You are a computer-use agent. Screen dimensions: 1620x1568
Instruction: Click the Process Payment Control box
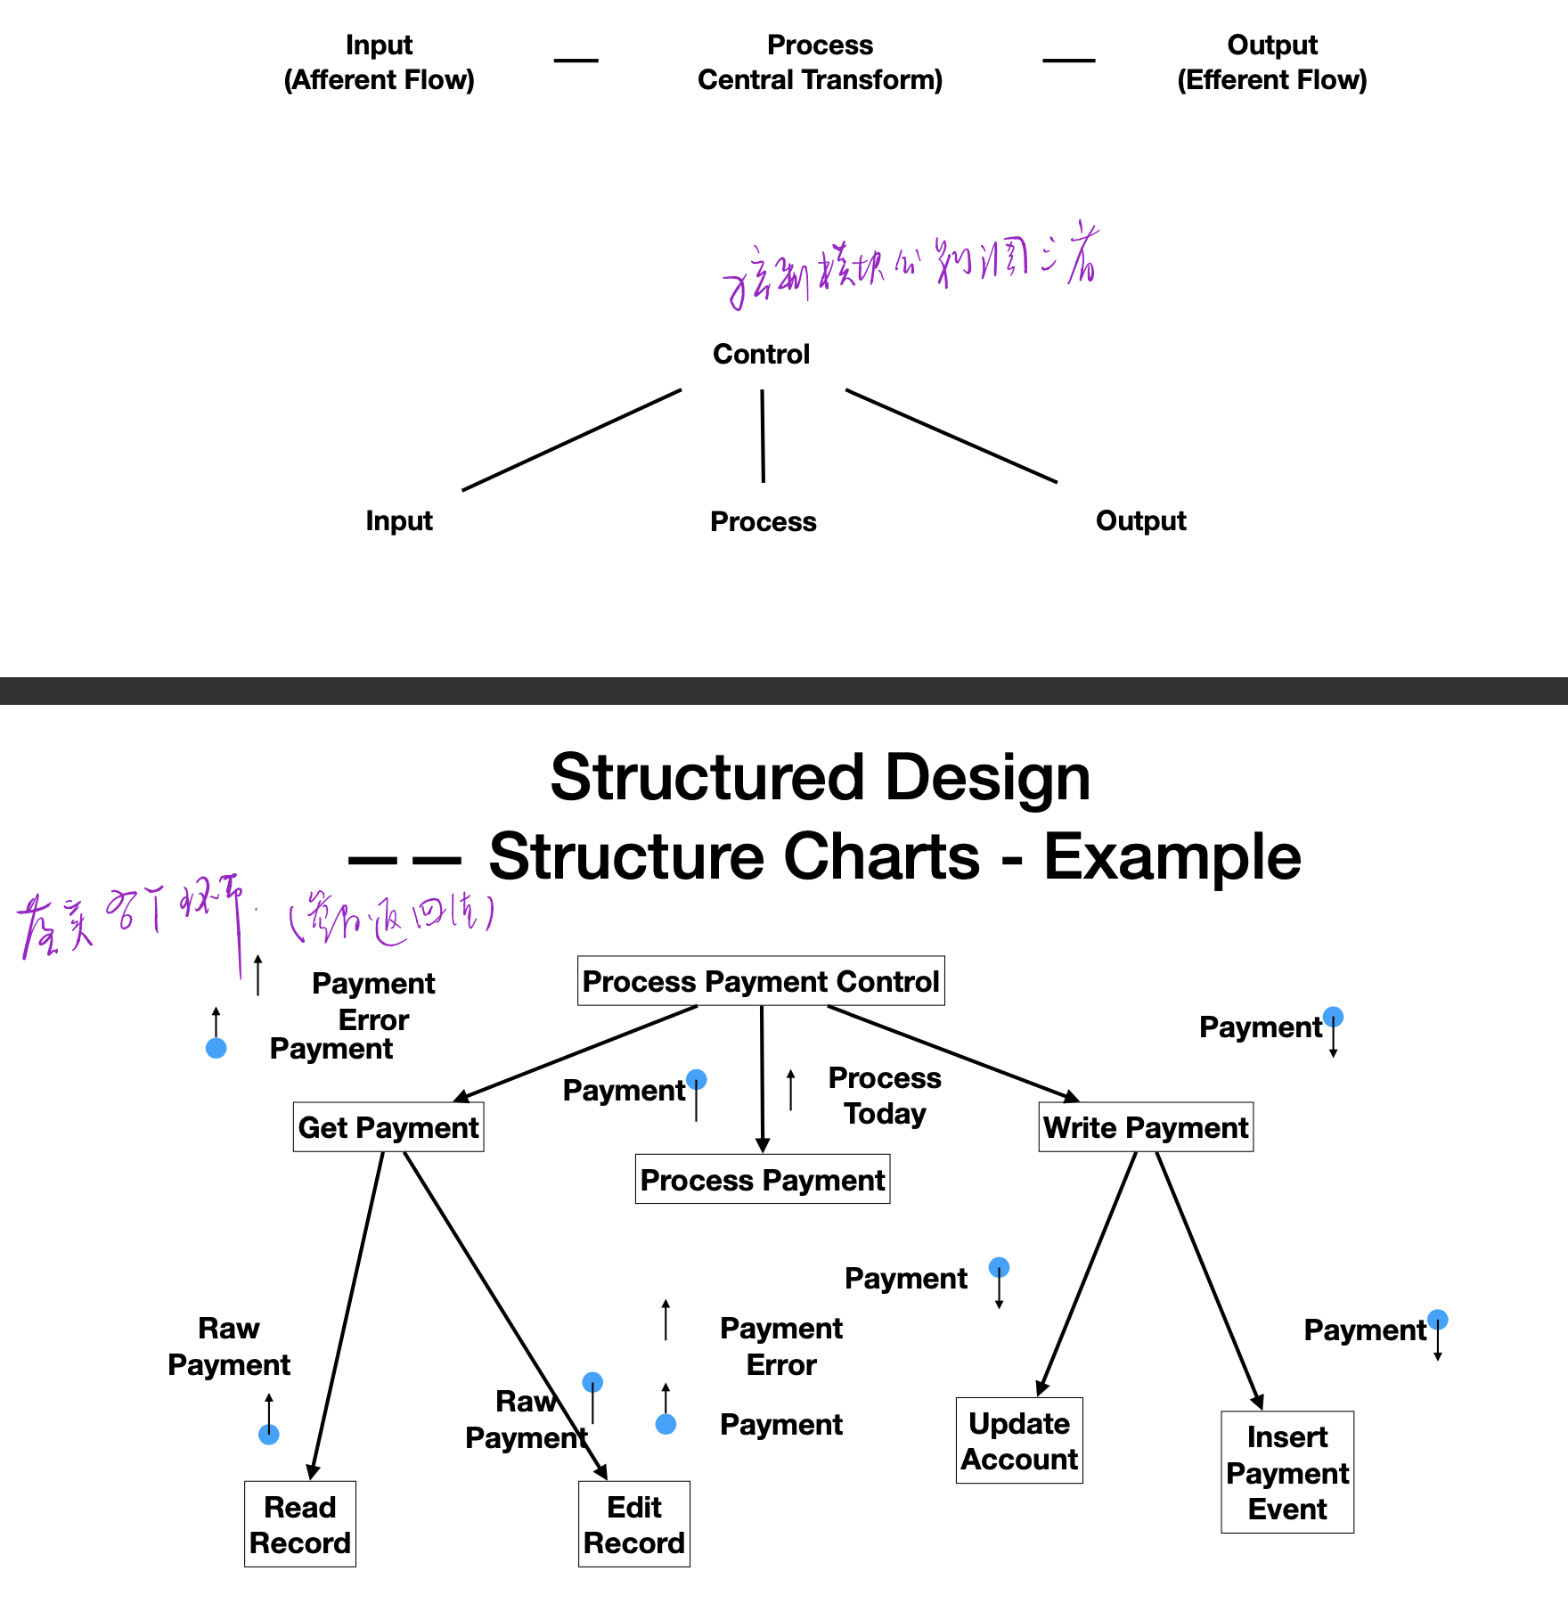click(761, 981)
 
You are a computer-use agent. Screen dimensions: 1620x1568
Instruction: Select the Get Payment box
click(388, 1127)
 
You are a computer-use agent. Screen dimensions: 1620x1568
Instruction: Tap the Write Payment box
click(1146, 1127)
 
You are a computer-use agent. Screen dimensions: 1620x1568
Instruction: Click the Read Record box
click(300, 1525)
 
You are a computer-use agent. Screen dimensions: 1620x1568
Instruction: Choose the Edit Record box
click(634, 1525)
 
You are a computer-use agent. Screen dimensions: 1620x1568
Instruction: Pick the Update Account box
click(1019, 1441)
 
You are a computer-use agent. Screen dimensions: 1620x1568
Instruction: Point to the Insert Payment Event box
click(1287, 1472)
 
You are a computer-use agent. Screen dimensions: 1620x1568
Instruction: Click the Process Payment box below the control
click(763, 1180)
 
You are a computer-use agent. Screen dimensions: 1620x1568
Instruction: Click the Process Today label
click(885, 1095)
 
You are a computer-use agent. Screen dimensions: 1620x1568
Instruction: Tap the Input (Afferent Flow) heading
click(380, 62)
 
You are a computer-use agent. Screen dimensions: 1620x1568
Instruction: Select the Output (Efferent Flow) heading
click(1272, 62)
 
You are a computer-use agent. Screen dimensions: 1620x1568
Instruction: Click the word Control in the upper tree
click(762, 354)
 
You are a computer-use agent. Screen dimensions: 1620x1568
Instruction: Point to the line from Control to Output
click(951, 436)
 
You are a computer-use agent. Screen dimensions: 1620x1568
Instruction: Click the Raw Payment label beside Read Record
click(229, 1346)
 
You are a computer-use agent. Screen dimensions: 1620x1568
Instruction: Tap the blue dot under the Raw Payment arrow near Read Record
click(269, 1435)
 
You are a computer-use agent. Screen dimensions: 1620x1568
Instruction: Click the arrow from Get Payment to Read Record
click(347, 1315)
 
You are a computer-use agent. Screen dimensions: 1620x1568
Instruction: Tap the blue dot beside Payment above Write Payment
click(1334, 1017)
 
